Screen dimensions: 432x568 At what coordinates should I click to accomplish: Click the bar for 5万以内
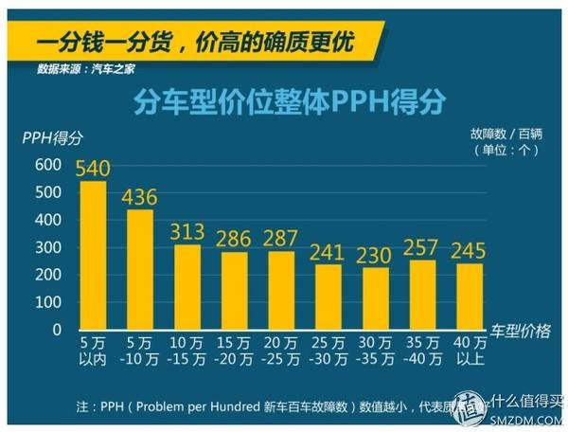(x=93, y=255)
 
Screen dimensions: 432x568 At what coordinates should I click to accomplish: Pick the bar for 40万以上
(x=470, y=296)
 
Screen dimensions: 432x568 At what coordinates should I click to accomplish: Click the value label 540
(x=94, y=170)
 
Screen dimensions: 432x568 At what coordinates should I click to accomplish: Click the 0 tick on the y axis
(x=56, y=330)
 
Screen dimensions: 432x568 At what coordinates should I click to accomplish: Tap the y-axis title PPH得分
(x=52, y=138)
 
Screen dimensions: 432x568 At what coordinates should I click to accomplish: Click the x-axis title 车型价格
(x=520, y=329)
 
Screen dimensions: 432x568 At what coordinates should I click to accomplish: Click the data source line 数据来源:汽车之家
(x=86, y=68)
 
